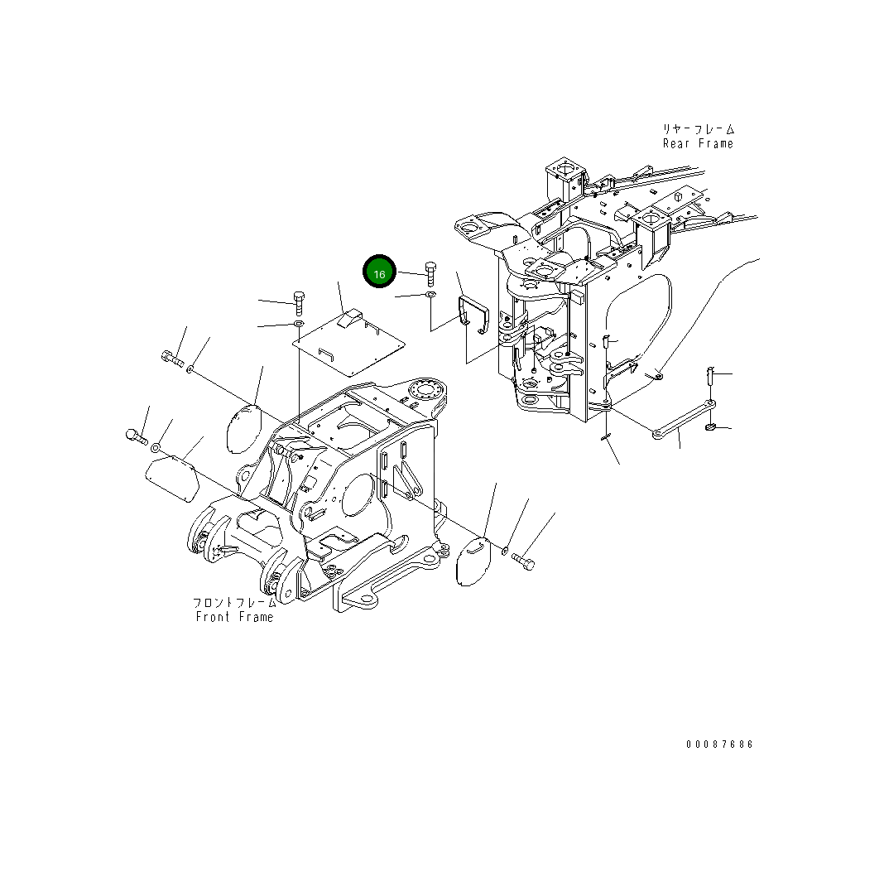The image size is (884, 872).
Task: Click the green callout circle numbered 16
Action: click(379, 272)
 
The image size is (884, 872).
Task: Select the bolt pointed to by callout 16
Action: click(430, 272)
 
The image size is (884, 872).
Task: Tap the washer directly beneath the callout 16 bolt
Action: click(430, 295)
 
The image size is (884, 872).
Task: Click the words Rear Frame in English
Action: click(697, 143)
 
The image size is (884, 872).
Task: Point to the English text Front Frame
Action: click(234, 617)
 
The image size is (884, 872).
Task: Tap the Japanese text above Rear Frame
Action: click(697, 129)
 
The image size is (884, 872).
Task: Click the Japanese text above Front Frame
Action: click(234, 603)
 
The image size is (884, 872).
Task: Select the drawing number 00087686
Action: click(719, 744)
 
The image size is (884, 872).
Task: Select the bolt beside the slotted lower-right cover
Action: click(523, 561)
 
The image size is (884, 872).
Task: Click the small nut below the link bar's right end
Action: click(711, 427)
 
